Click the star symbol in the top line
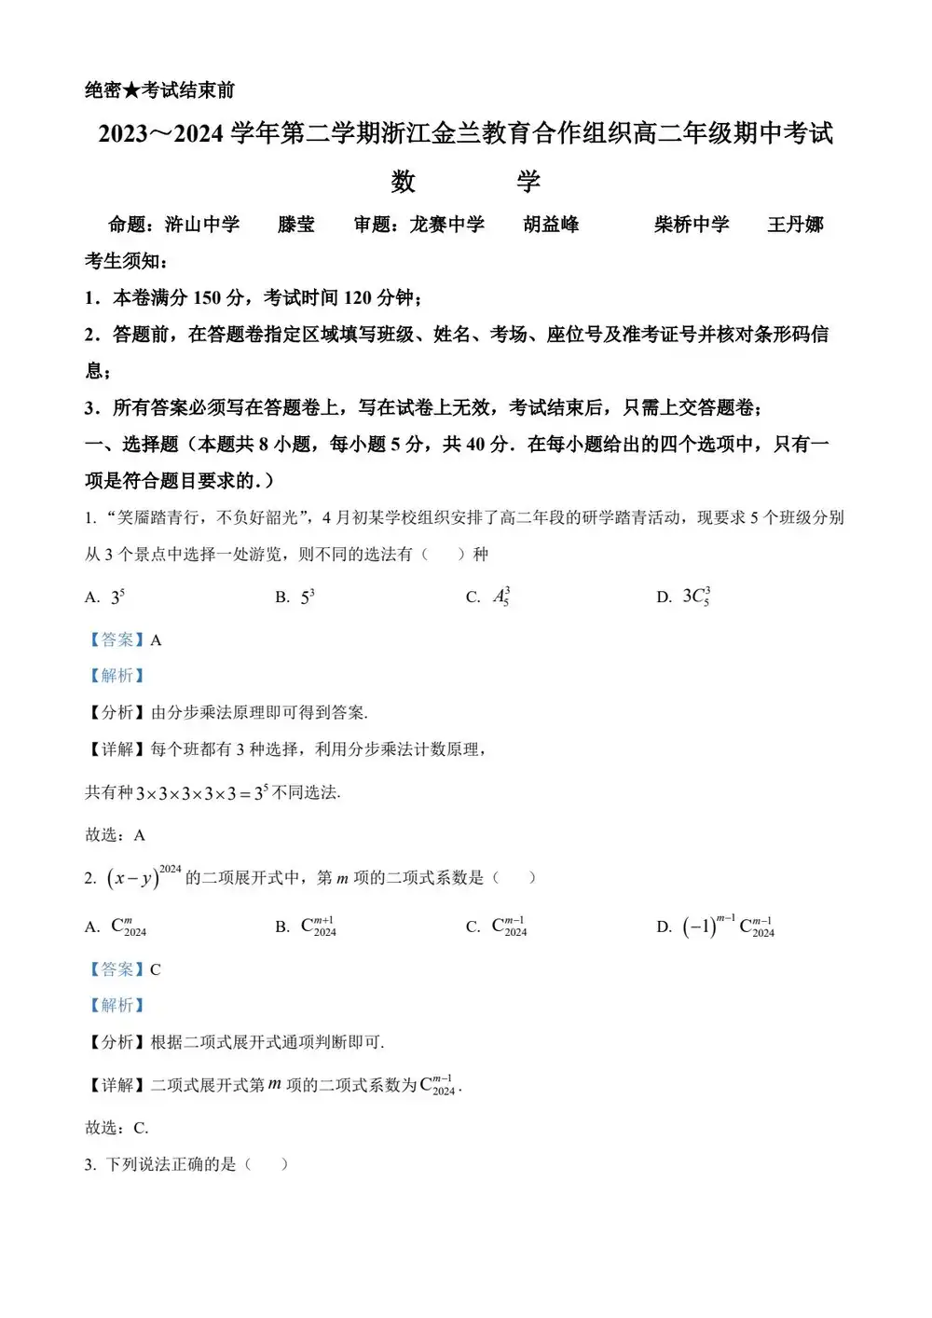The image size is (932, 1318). pyautogui.click(x=131, y=90)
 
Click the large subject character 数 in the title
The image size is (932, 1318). pyautogui.click(x=403, y=181)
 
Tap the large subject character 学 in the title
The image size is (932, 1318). pyautogui.click(x=528, y=181)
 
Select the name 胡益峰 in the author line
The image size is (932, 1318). pyautogui.click(x=551, y=225)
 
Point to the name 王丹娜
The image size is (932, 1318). pyautogui.click(x=795, y=225)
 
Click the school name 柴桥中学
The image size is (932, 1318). pyautogui.click(x=692, y=225)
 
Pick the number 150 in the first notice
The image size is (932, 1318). pyautogui.click(x=206, y=298)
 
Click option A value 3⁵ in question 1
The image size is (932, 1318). pyautogui.click(x=117, y=597)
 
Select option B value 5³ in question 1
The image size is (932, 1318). pyautogui.click(x=308, y=597)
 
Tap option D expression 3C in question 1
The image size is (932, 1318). pyautogui.click(x=696, y=597)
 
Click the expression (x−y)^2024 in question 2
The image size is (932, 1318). pyautogui.click(x=144, y=877)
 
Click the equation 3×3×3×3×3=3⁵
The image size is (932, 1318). pyautogui.click(x=201, y=793)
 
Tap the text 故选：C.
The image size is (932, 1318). pyautogui.click(x=116, y=1128)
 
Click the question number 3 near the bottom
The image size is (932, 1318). pyautogui.click(x=89, y=1164)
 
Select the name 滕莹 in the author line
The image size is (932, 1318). pyautogui.click(x=295, y=225)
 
